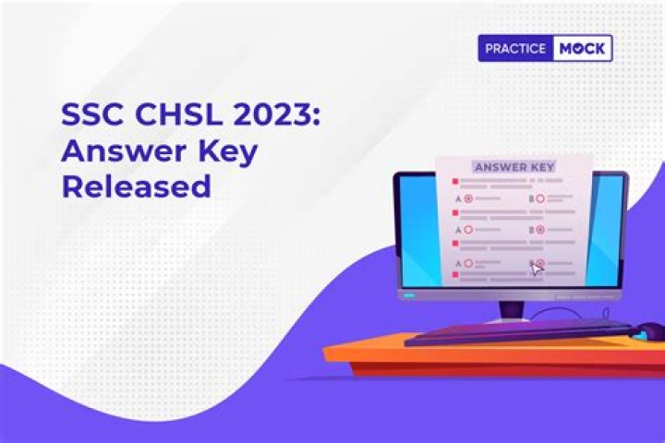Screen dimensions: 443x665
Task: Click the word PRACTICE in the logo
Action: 515,48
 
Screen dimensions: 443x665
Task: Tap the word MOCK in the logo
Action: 582,48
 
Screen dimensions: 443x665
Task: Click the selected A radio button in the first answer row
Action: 468,198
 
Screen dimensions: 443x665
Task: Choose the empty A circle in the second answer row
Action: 468,229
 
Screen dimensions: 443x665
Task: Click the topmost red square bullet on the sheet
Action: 454,182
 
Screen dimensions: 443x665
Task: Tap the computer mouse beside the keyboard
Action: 651,329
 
